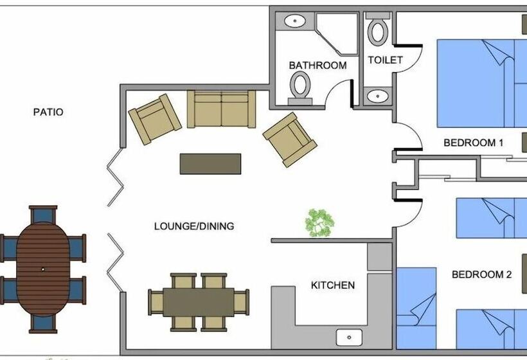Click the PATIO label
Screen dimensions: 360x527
(x=48, y=112)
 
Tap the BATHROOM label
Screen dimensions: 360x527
(x=317, y=66)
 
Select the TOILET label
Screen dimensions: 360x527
(x=385, y=60)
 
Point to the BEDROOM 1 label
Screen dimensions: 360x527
(x=473, y=143)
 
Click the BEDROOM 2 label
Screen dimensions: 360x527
(x=481, y=274)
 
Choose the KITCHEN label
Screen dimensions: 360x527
(x=332, y=285)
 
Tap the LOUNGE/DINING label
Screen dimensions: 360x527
(x=194, y=226)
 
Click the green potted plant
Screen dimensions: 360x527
(x=319, y=222)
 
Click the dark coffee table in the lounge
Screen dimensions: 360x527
(x=210, y=163)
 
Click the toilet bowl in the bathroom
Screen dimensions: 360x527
(x=299, y=85)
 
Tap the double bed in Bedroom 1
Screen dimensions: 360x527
(x=479, y=84)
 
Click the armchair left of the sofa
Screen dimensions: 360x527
(x=154, y=118)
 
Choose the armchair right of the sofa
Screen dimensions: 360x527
(x=290, y=139)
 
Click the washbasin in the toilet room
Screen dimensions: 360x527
(x=377, y=97)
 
